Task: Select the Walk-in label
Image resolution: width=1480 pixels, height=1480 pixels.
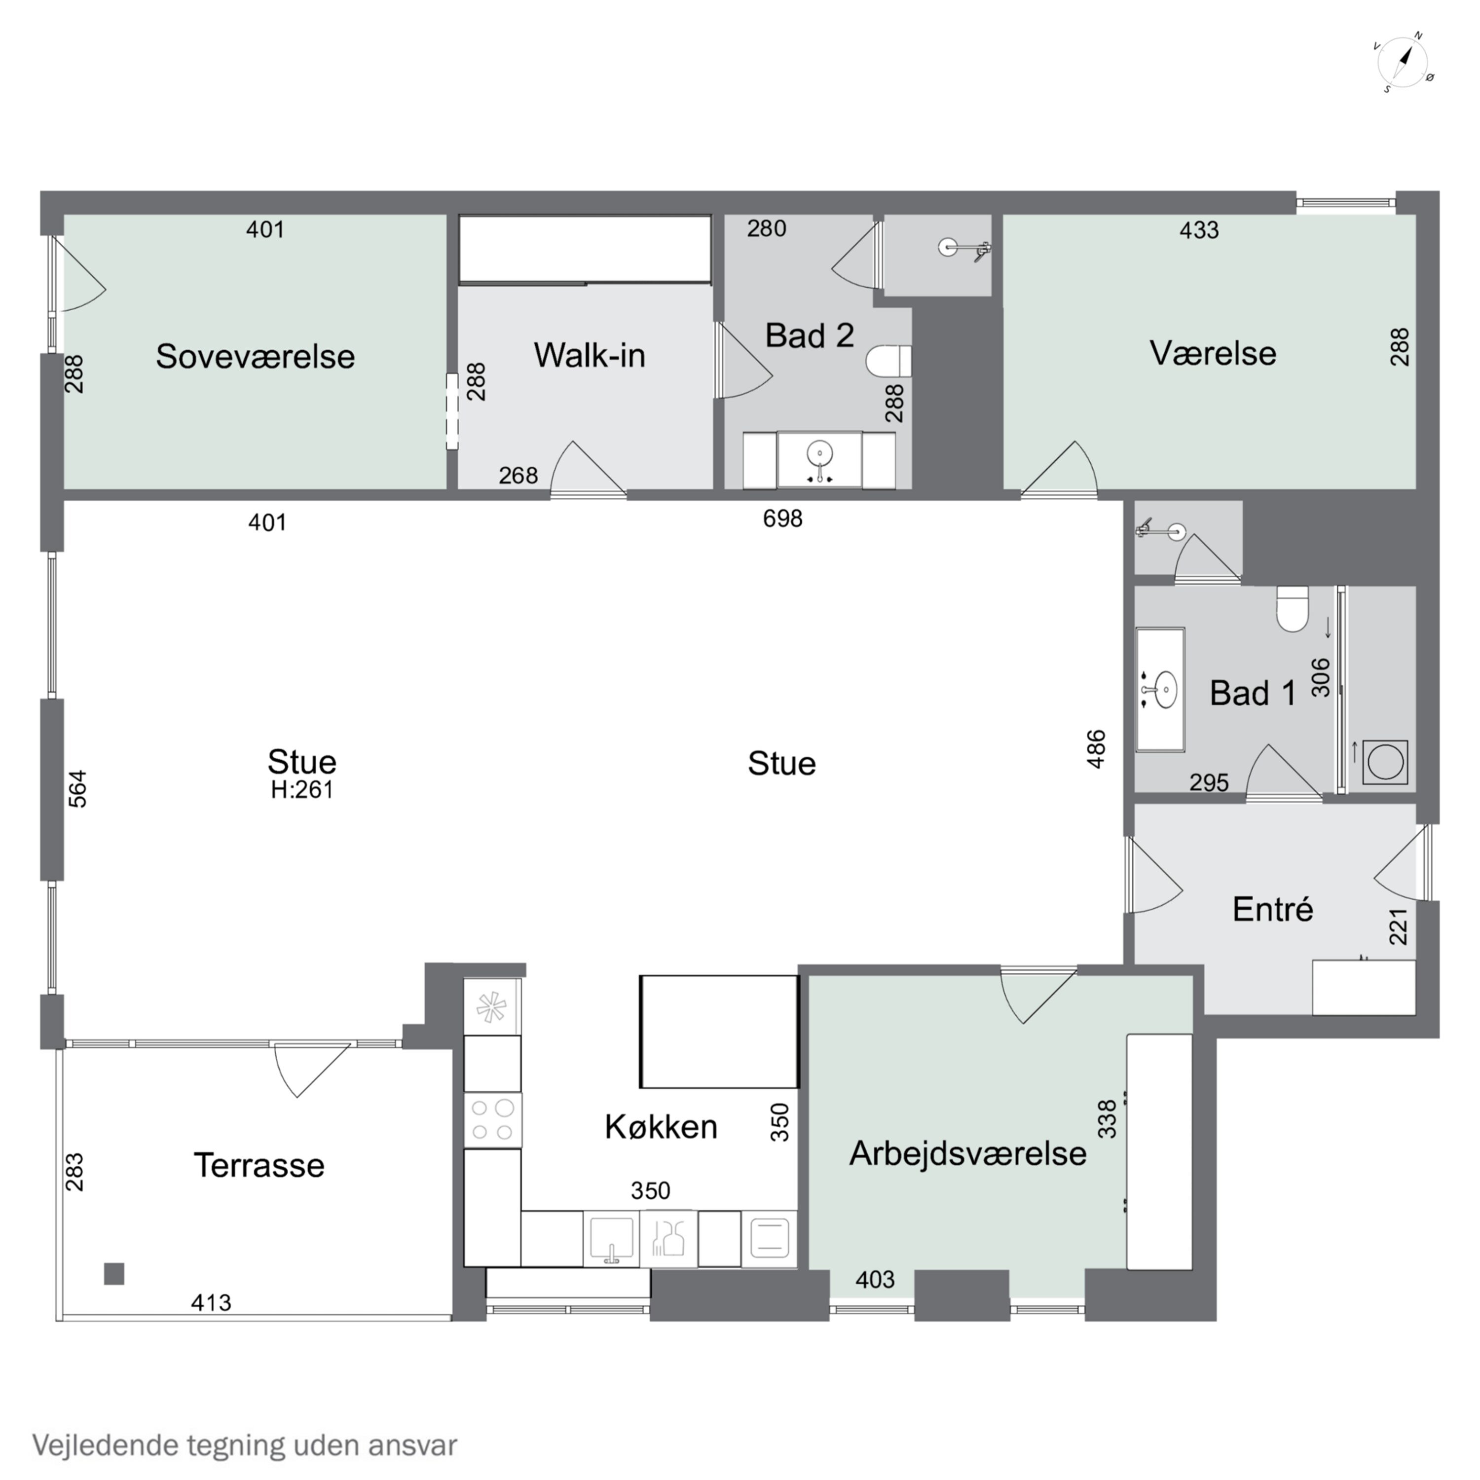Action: [589, 355]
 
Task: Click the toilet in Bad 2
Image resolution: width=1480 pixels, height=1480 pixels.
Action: [888, 361]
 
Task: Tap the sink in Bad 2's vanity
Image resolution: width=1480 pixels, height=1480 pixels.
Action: [819, 454]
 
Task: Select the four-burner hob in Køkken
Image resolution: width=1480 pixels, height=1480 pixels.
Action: [492, 1120]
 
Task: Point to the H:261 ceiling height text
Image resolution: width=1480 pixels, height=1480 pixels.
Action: [302, 790]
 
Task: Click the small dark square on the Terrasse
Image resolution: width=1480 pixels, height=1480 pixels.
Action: [114, 1274]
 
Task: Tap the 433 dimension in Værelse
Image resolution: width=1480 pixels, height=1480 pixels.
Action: [1198, 230]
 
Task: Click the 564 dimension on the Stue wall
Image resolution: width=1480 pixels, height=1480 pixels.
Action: [78, 789]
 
